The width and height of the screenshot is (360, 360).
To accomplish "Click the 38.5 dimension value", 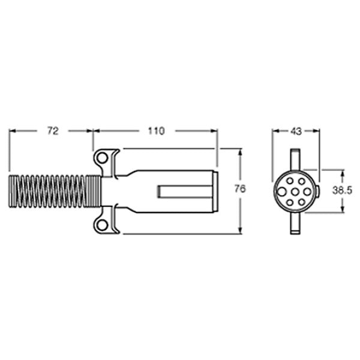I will pyautogui.click(x=343, y=190).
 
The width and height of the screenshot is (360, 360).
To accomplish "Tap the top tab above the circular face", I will pyautogui.click(x=295, y=161).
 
